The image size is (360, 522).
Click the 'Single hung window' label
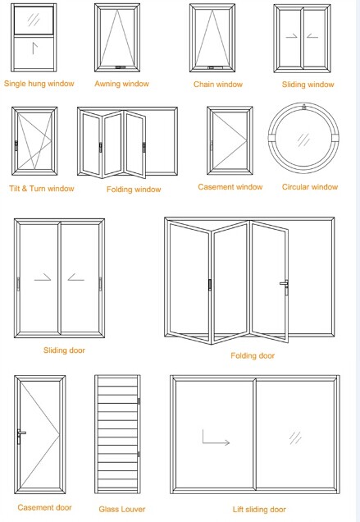[x=39, y=84]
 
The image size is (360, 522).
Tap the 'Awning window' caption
[x=121, y=84]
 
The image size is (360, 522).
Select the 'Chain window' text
[x=217, y=85]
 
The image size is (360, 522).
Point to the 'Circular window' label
[x=309, y=187]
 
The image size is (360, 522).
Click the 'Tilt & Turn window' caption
[x=41, y=189]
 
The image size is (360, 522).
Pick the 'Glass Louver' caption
[x=122, y=509]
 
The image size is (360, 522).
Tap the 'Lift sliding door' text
[x=254, y=510]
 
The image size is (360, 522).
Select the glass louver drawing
[x=118, y=435]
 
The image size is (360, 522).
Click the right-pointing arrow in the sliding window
[x=290, y=36]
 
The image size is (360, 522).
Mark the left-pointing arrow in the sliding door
[x=76, y=279]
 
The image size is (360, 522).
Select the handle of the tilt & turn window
[x=16, y=144]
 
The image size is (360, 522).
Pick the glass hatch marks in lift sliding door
[x=294, y=439]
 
